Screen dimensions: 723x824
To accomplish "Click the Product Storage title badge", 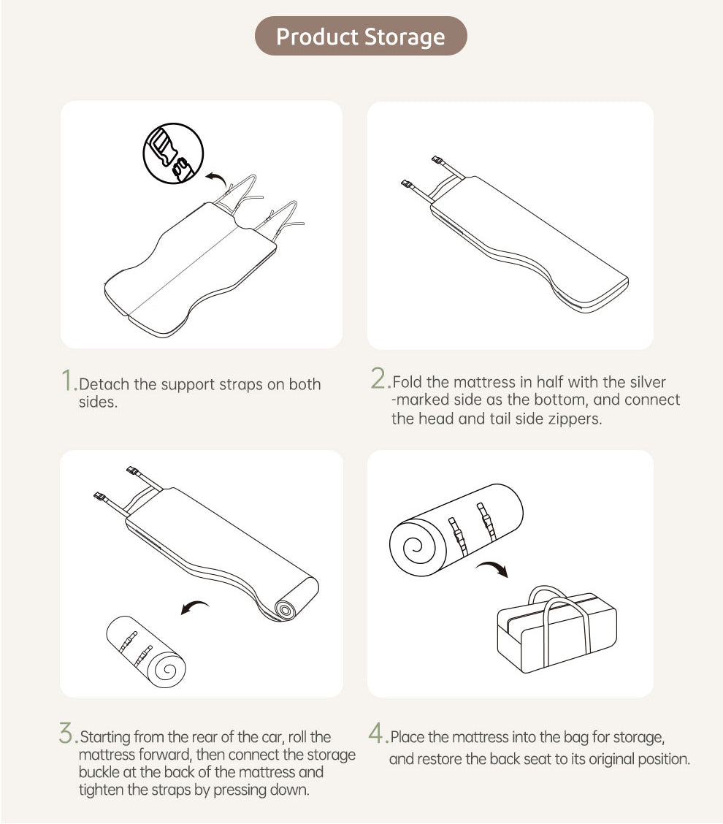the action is (361, 36).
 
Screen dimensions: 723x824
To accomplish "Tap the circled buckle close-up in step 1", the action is (173, 153).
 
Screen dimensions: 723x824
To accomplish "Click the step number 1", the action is (68, 380).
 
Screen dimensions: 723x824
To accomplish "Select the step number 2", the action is (378, 378).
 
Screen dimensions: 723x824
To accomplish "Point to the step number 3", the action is (66, 733).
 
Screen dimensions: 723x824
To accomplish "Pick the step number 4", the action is (375, 733).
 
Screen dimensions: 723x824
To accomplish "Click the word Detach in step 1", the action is (104, 384).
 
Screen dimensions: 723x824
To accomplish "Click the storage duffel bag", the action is (557, 629).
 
